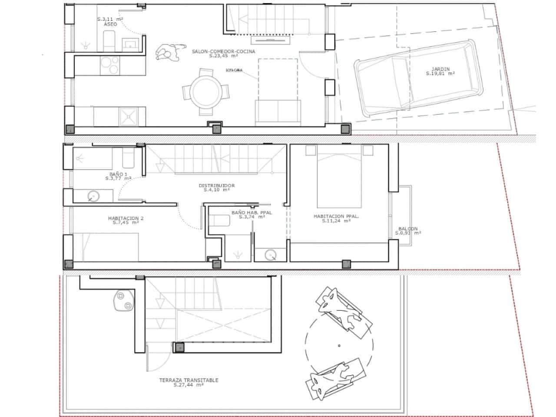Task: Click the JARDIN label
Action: coord(440,69)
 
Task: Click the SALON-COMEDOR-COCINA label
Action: coord(223,51)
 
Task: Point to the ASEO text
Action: coord(110,24)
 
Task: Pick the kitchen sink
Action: coord(129,116)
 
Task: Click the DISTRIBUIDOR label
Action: coord(216,185)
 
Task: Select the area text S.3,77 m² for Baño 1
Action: coord(118,178)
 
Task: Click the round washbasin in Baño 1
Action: coord(93,197)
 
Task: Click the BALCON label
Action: coord(408,228)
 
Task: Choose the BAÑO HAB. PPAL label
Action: coord(252,212)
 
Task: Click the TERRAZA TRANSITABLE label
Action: coord(189,380)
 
